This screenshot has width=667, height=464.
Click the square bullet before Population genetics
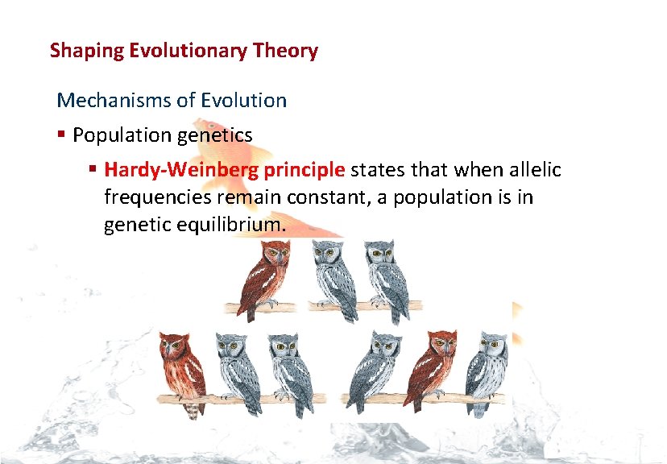tap(62, 135)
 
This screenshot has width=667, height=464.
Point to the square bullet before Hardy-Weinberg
tap(93, 171)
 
